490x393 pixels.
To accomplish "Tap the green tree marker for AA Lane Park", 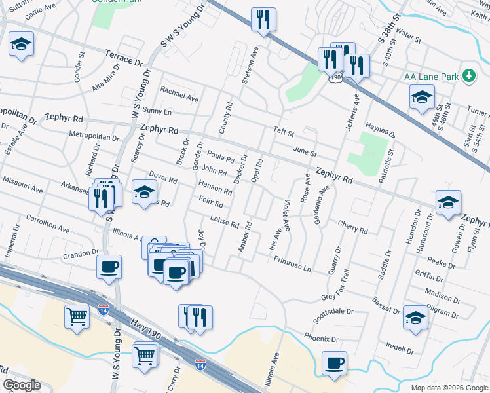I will [468, 76].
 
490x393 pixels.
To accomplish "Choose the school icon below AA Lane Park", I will [422, 98].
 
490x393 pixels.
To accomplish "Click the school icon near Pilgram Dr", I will [415, 318].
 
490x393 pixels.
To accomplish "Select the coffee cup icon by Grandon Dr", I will [109, 267].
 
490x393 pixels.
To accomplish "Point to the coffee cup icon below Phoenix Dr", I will [334, 363].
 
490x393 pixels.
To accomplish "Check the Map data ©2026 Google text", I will [449, 388].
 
